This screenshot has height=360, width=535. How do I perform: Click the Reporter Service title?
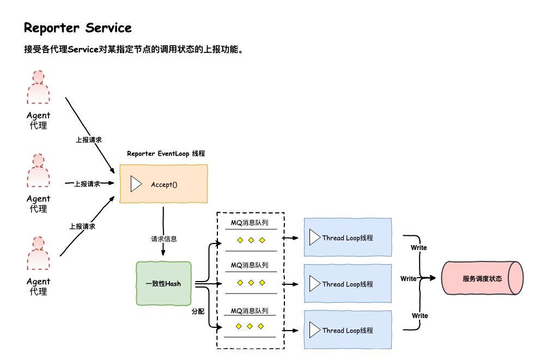tap(78, 28)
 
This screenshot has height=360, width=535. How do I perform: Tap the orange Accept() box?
tap(164, 184)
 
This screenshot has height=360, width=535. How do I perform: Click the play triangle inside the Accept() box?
tap(136, 184)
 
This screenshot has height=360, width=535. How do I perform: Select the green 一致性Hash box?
tap(163, 284)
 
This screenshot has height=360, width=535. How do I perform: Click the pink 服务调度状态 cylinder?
tap(482, 278)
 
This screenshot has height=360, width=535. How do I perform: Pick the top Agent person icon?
tap(38, 87)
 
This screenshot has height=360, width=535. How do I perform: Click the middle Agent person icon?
tap(38, 171)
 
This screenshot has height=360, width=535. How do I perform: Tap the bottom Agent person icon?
tap(38, 254)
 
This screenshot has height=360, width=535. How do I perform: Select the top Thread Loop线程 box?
tap(348, 237)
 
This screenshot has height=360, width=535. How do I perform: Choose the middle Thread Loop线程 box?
tap(348, 284)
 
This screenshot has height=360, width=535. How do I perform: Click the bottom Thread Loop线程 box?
tap(348, 330)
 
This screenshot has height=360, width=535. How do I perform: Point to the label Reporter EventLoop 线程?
tap(166, 154)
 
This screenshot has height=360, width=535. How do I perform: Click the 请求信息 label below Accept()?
tap(163, 239)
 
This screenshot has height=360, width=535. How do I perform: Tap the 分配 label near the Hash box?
tap(198, 312)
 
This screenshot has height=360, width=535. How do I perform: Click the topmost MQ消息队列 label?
tap(250, 222)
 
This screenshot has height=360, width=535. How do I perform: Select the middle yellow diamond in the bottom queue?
tap(250, 326)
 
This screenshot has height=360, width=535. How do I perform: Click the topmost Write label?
tap(419, 248)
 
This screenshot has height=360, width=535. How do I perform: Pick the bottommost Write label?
tap(420, 316)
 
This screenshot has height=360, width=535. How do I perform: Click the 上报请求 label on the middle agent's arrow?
tap(87, 184)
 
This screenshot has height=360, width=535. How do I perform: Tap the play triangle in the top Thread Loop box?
tap(314, 237)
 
